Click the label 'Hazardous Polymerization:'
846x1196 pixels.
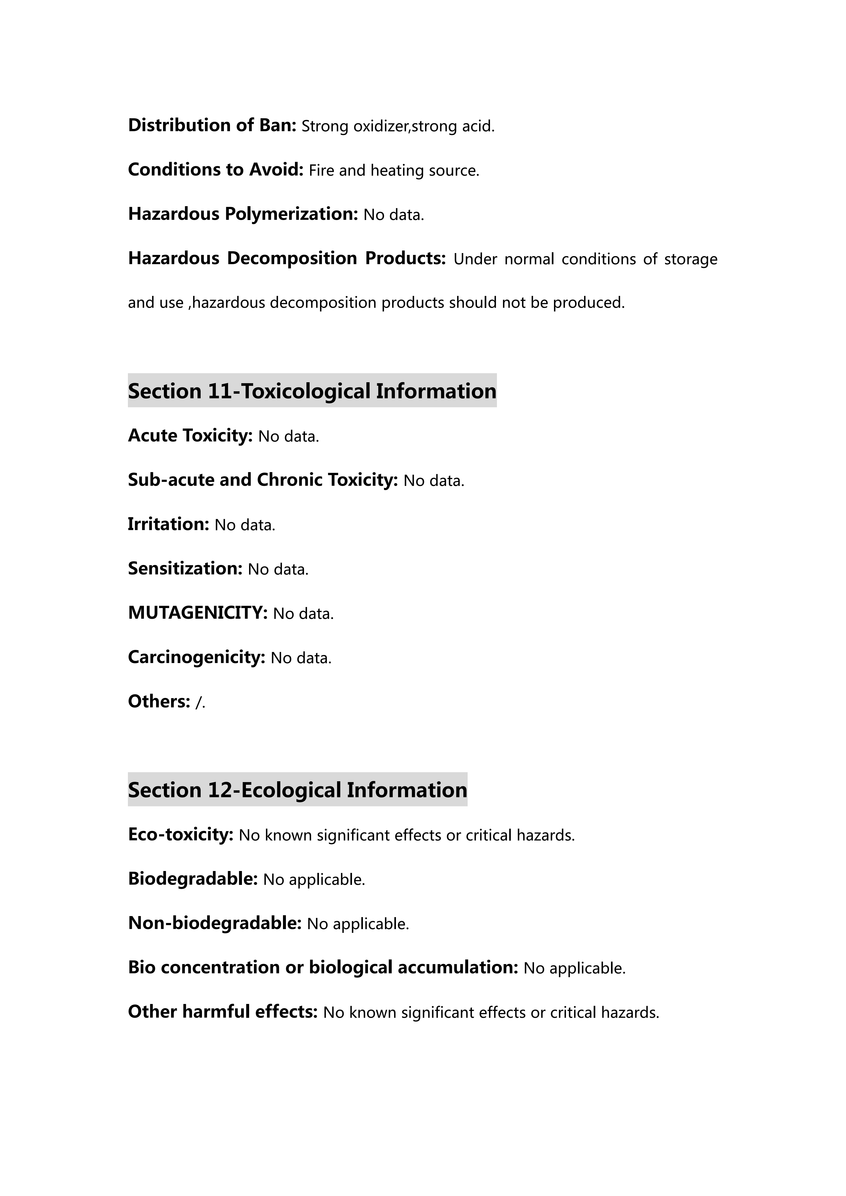tap(243, 214)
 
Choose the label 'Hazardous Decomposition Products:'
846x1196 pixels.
tap(287, 258)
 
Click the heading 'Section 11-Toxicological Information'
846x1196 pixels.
tap(312, 391)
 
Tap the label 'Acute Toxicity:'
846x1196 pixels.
tap(190, 436)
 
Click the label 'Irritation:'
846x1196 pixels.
tap(168, 524)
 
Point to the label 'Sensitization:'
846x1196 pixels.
tap(185, 568)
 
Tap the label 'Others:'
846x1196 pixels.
tap(159, 702)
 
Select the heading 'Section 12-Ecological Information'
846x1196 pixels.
tap(297, 790)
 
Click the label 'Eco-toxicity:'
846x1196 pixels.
tap(180, 835)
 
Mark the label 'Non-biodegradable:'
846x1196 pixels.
tap(214, 923)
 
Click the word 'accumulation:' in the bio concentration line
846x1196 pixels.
tap(458, 967)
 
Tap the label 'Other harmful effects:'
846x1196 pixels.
tap(222, 1012)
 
